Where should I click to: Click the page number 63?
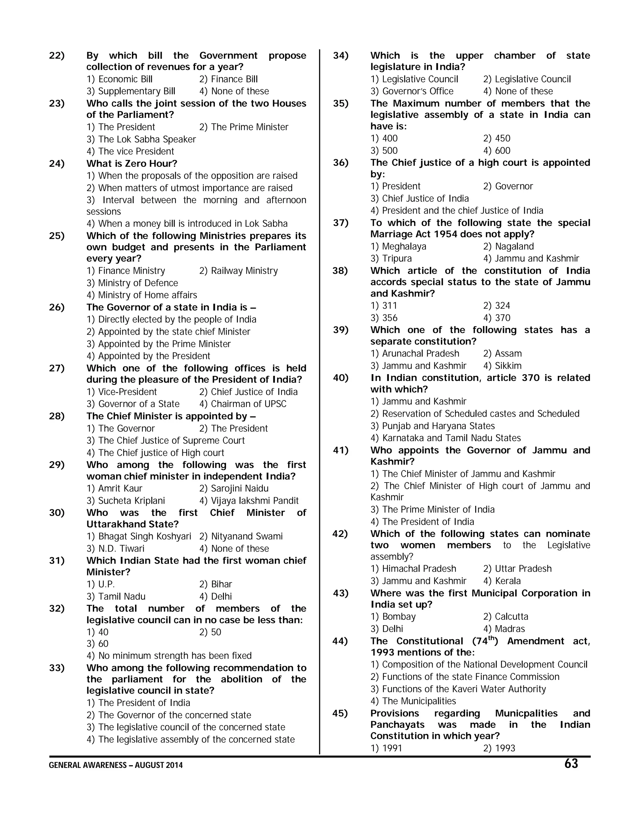571,764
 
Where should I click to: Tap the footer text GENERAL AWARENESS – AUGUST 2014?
116,765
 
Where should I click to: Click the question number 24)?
57,163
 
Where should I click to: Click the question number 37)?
341,223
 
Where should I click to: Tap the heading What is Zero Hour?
132,163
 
